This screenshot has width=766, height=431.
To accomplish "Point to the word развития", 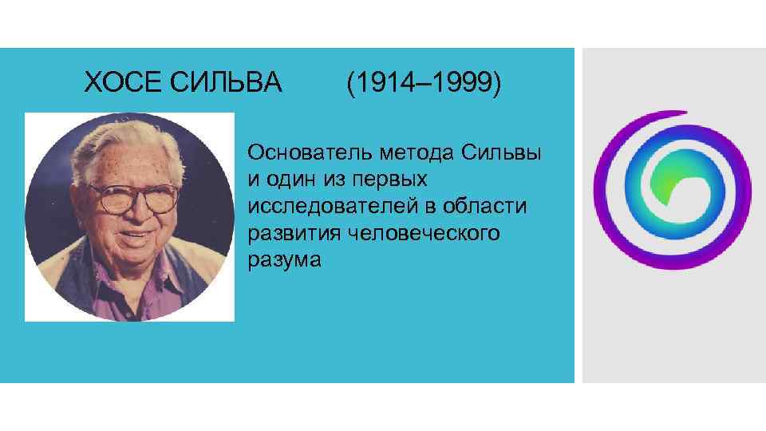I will [288, 234].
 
